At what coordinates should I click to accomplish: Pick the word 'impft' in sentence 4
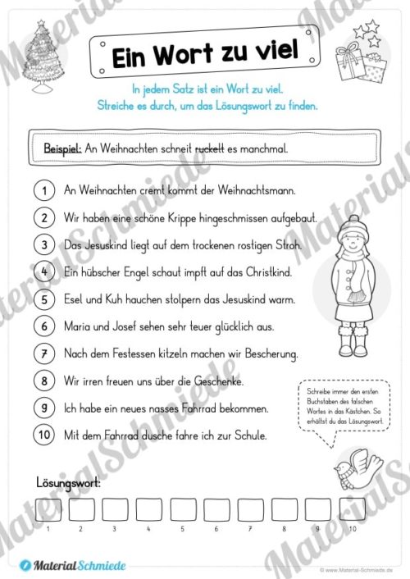pos(188,271)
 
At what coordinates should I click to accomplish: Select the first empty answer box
pos(47,510)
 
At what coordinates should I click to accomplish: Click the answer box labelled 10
pos(351,510)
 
